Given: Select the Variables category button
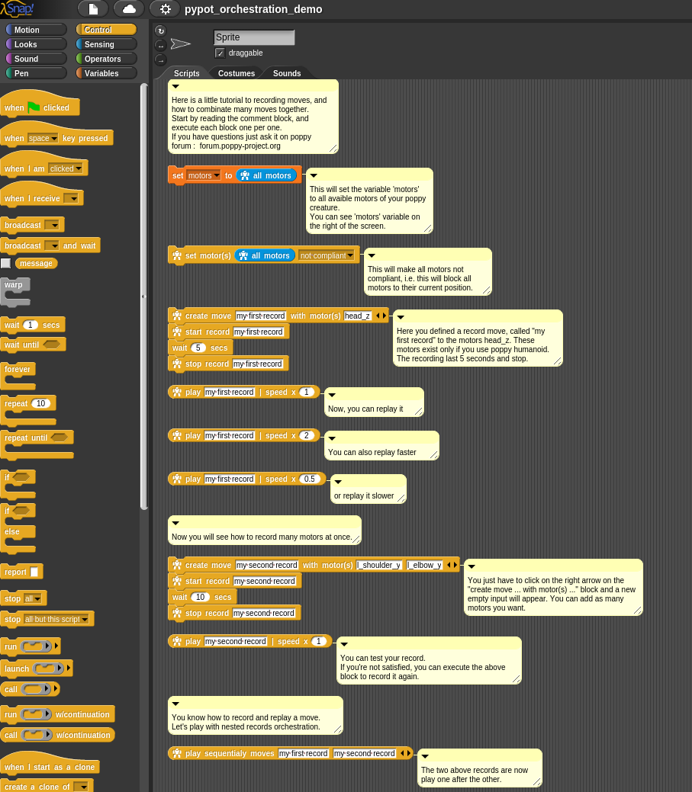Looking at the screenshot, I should pos(106,73).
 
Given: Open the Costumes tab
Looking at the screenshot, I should pos(236,73).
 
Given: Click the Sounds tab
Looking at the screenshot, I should pos(287,73).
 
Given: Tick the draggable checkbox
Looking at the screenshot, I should pos(220,53).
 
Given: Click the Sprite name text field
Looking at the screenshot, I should pos(253,37).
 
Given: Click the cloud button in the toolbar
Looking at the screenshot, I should pos(129,9).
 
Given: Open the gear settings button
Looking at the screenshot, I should pos(165,9).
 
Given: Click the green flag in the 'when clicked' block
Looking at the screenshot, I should pos(34,107).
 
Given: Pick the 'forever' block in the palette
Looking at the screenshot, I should pos(18,370).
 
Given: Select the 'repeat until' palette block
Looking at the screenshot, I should pos(26,438).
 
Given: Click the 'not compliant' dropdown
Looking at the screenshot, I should pos(327,255).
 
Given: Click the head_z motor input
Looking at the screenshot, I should pos(357,316).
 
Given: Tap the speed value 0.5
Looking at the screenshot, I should pos(309,479).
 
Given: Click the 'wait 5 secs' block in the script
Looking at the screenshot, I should pos(200,348).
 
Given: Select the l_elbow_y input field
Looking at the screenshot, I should pos(424,565).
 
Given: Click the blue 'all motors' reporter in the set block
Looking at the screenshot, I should pos(266,175).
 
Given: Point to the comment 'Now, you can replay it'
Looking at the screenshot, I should pos(374,409).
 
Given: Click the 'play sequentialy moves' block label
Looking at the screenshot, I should pos(230,753).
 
